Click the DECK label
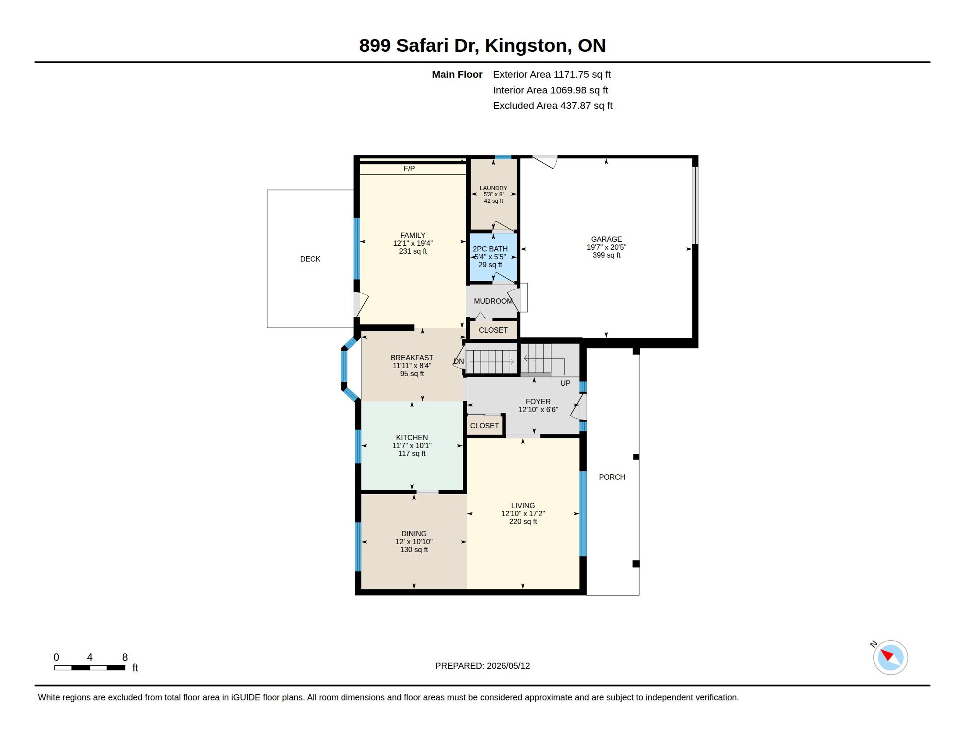click(x=310, y=259)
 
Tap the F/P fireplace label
click(x=409, y=169)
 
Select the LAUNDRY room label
click(x=493, y=188)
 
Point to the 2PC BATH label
click(x=490, y=249)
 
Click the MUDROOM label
click(x=493, y=301)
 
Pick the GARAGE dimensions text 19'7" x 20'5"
click(x=607, y=247)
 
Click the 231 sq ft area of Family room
click(x=413, y=251)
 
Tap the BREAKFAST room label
click(x=412, y=358)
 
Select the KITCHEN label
click(x=412, y=438)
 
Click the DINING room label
click(x=414, y=534)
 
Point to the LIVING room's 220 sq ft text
click(x=523, y=522)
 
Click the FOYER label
click(x=538, y=402)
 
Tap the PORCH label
click(x=612, y=477)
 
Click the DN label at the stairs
click(x=459, y=362)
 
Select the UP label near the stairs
click(x=565, y=384)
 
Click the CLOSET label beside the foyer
click(x=484, y=426)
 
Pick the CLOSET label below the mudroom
click(x=493, y=330)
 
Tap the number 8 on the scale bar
click(x=125, y=657)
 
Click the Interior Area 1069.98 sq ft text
click(x=550, y=90)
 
